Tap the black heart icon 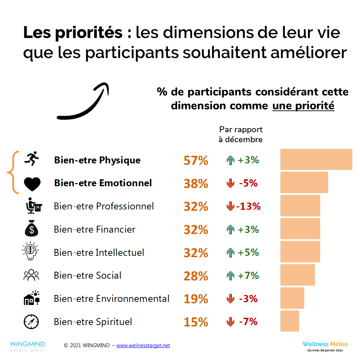coord(32,184)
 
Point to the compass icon coord(31,322)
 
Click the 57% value coord(196,161)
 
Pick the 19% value coord(196,299)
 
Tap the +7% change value coord(249,276)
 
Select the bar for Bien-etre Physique coord(316,160)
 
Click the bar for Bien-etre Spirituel coord(289,321)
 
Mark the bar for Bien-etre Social coord(297,275)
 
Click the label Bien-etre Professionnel coord(104,206)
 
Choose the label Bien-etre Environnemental coord(111,299)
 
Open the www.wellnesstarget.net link coord(143,345)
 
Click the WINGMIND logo coord(27,346)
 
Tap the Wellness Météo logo coord(325,346)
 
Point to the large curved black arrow coord(83,102)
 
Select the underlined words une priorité coord(303,106)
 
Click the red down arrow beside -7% coord(230,322)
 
